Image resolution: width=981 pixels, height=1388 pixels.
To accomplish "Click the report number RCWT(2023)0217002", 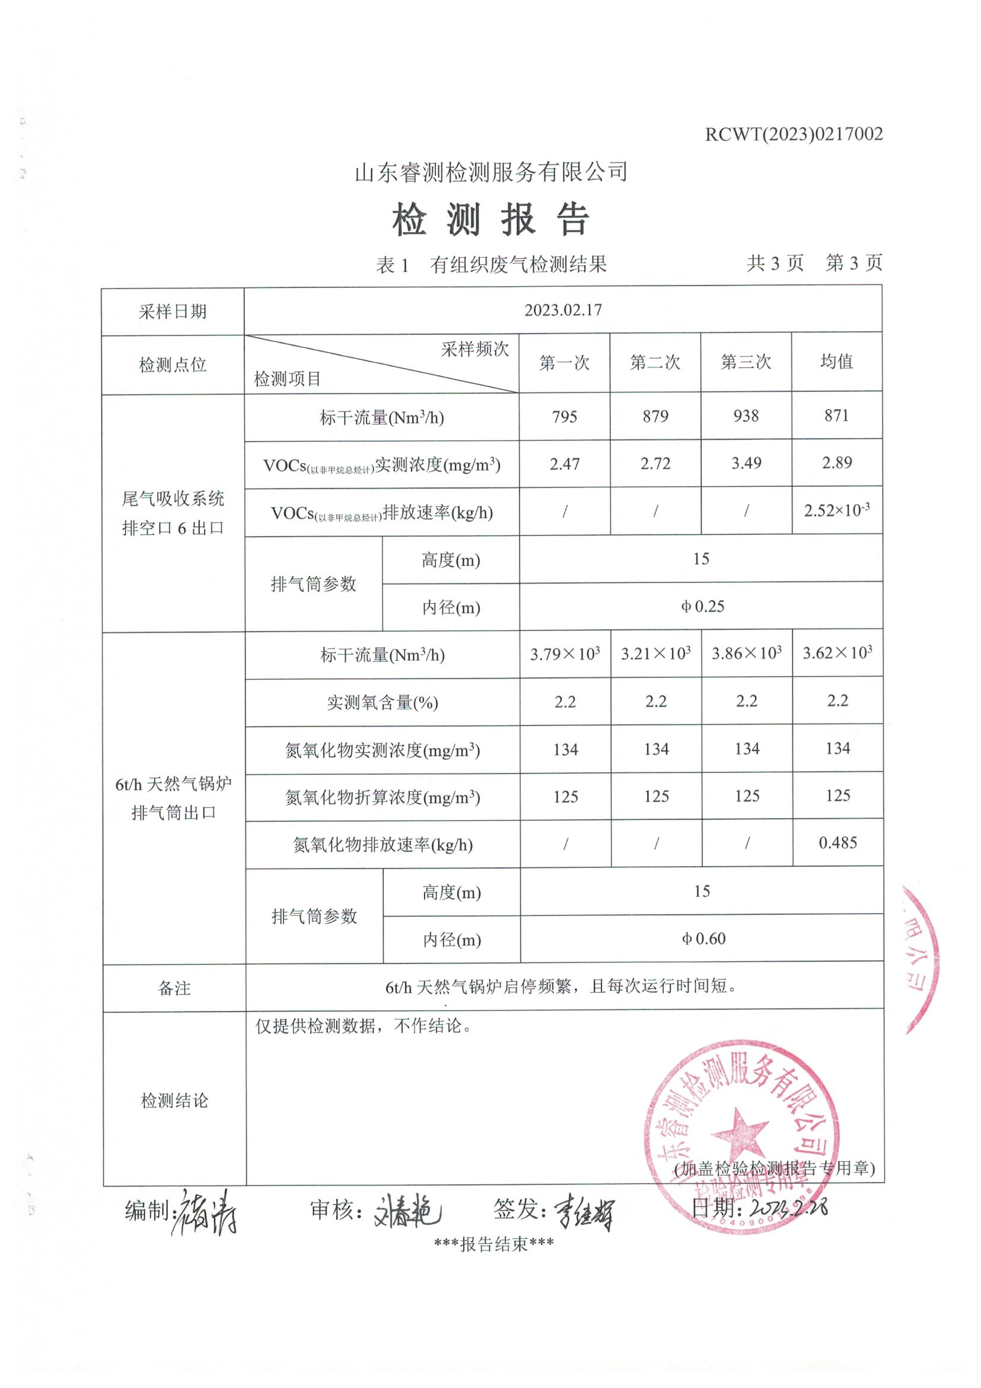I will tap(793, 134).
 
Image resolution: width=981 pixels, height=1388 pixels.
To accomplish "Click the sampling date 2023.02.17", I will tap(563, 310).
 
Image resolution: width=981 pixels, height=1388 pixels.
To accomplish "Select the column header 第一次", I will tap(564, 363).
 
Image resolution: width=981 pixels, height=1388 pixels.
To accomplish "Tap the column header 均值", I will tap(837, 362).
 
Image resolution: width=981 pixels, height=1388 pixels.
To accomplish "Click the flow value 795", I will tap(564, 417).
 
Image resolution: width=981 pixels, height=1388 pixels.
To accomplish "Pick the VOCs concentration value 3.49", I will tap(746, 463).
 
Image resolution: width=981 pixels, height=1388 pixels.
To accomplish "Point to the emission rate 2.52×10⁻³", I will tap(837, 510).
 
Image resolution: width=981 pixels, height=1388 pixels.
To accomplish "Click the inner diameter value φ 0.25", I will tap(701, 606).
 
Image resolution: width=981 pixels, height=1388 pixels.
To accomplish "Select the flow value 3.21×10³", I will tap(656, 654).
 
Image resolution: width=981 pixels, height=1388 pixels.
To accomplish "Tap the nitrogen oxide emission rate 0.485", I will tap(837, 843).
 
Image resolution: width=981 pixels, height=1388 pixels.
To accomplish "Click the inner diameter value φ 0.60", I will tap(703, 939).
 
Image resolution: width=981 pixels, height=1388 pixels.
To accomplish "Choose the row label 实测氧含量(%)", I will tap(382, 702).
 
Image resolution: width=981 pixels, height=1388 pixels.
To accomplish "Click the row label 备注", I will tap(174, 988).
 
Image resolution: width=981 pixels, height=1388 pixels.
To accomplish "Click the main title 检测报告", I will tap(490, 220).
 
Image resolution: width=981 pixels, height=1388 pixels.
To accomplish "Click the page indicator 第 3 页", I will tap(853, 263).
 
